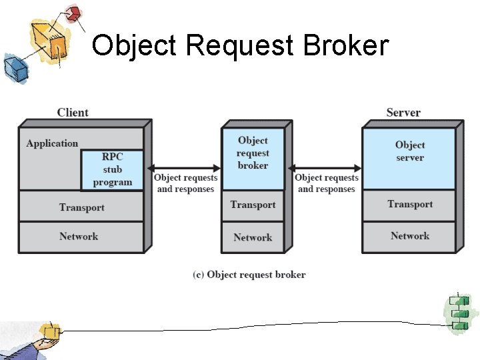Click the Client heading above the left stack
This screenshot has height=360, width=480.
pos(73,113)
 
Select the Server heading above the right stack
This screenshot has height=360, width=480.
pos(403,113)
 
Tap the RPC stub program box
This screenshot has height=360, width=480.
pos(112,170)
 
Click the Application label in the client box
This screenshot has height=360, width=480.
pos(52,143)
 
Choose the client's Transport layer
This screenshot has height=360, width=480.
pos(81,207)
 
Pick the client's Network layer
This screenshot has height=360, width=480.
pos(79,237)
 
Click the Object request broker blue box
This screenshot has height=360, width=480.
pos(253,153)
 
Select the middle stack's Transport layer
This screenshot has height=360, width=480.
pos(253,205)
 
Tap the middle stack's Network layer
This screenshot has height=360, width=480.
pos(253,237)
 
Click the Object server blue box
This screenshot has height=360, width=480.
pos(409,152)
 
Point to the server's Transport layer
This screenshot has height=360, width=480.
pos(409,204)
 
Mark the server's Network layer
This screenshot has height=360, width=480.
pos(409,236)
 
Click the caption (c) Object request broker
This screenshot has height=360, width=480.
pos(249,275)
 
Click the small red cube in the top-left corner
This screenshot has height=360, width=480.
pos(73,13)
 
